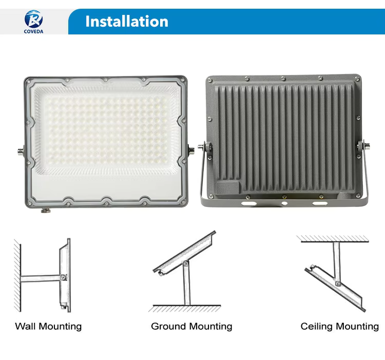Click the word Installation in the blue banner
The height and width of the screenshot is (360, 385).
pos(127,22)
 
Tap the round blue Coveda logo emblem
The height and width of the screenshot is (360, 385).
pos(34,18)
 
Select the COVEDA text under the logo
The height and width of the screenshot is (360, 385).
pos(34,31)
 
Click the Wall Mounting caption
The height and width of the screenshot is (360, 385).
pos(48,326)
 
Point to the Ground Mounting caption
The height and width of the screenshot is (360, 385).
pos(191,326)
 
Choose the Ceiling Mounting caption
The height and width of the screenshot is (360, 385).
pos(340,326)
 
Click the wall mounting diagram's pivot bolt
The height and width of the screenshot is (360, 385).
pos(64,277)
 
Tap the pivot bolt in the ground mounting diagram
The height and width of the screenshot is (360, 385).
pos(186,263)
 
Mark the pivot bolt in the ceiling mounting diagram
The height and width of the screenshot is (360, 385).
pos(338,284)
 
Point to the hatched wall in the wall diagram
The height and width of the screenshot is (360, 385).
pos(17,276)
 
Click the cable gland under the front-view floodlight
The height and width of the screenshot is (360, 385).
pos(45,210)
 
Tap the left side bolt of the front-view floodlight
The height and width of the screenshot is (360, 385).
pos(21,151)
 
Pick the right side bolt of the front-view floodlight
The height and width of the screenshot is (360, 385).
pos(191,149)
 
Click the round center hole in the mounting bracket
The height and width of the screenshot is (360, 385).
pos(284,203)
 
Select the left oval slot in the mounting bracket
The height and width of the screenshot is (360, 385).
pos(248,203)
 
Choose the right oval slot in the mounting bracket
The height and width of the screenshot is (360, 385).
pos(320,203)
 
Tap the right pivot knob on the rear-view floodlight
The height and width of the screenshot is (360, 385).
pos(363,146)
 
